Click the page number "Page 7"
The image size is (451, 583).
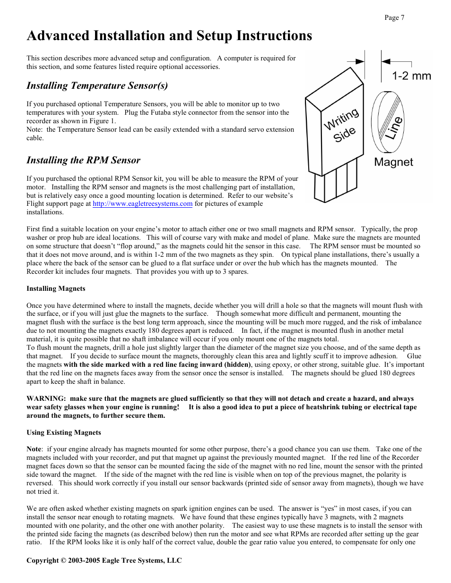click(x=394, y=18)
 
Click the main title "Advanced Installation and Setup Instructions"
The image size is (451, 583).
click(x=169, y=36)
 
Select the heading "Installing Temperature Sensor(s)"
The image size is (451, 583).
click(x=97, y=85)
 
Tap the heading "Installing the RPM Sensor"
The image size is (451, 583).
click(x=83, y=160)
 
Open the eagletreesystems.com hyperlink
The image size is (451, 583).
click(x=142, y=204)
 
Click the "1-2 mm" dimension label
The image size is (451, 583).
click(x=411, y=76)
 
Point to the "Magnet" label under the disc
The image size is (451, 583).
click(x=393, y=162)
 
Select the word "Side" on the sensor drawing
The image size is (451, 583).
click(x=344, y=135)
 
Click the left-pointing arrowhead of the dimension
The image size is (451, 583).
click(x=386, y=61)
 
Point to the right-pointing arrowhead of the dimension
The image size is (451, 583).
click(x=360, y=61)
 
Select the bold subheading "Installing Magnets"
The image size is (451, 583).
click(x=56, y=288)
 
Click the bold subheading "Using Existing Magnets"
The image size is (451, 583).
click(x=63, y=432)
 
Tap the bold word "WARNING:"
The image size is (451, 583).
click(x=46, y=398)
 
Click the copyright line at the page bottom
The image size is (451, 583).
click(x=104, y=560)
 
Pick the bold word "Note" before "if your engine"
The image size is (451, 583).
click(x=34, y=449)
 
